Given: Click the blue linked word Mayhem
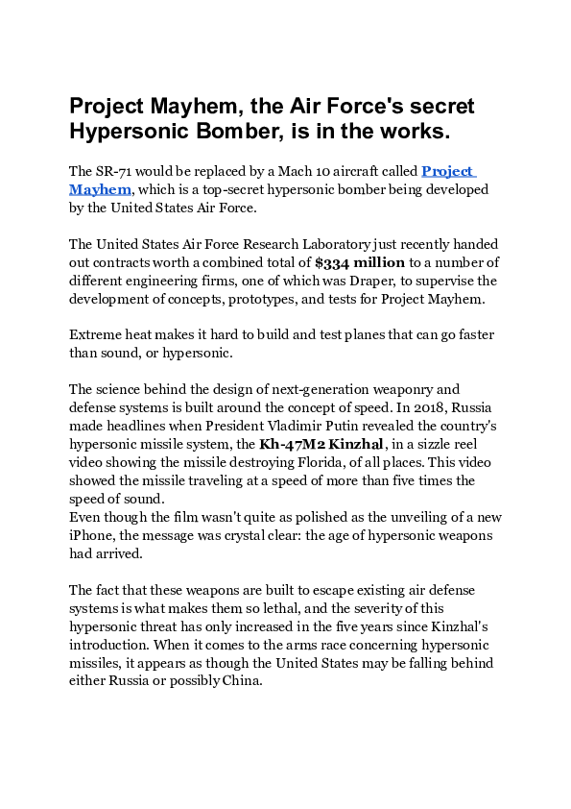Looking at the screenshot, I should coord(100,189).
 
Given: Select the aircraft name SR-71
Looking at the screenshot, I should coord(119,171).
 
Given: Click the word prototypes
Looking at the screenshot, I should coord(274,299).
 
